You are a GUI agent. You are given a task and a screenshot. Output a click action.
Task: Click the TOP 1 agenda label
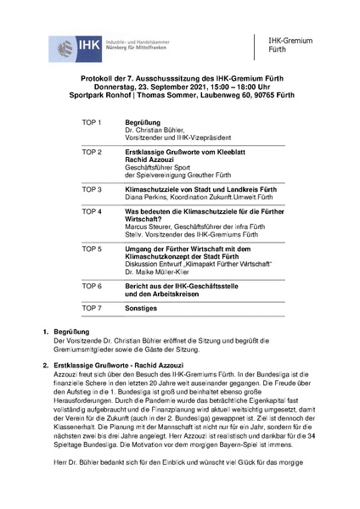[x=91, y=122]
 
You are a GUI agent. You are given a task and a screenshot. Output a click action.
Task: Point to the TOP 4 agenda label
[x=91, y=210]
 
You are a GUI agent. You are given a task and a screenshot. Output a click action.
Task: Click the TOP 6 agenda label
[x=91, y=285]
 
